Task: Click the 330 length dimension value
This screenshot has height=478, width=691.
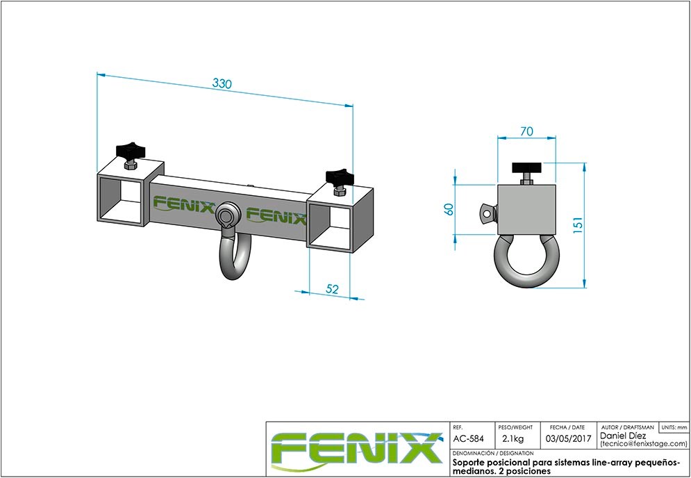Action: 222,84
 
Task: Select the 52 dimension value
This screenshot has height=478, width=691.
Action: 332,290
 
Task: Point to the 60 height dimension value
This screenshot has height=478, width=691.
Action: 449,209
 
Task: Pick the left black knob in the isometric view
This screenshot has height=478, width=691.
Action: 130,150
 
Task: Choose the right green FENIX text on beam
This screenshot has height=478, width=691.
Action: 276,217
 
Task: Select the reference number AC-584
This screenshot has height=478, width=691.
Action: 469,439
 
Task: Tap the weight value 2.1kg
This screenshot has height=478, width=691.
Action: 513,439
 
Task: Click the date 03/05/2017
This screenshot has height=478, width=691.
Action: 567,439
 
